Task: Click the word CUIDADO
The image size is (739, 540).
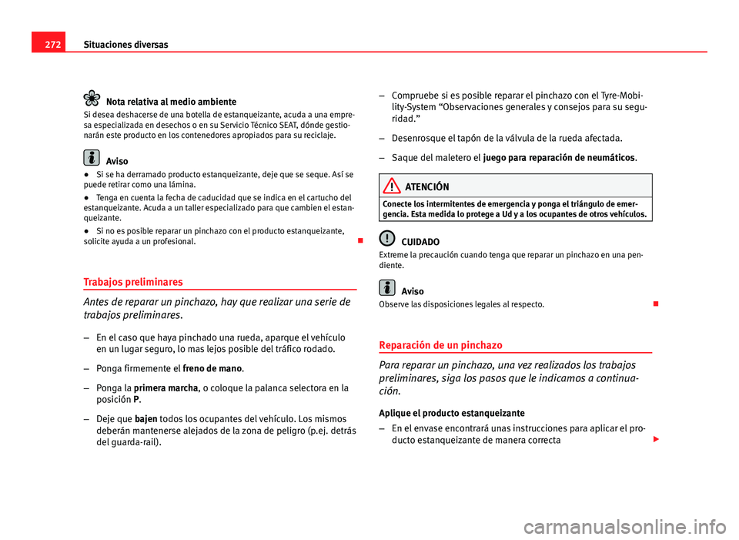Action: (x=420, y=242)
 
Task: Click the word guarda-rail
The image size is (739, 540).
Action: (x=135, y=442)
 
